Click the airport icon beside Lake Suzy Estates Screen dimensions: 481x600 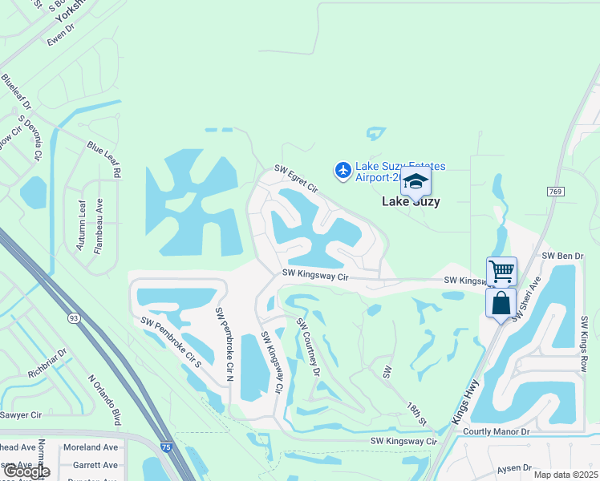(x=343, y=170)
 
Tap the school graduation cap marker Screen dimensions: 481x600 (x=416, y=183)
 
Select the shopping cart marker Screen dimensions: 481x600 (x=501, y=272)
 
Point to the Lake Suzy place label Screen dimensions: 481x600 (x=410, y=202)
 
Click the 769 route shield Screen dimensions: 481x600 (x=555, y=191)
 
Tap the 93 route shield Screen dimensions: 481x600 (x=74, y=319)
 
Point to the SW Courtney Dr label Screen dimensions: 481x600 (x=308, y=347)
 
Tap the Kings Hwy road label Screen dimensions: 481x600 (x=464, y=402)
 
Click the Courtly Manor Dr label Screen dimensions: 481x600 (x=497, y=431)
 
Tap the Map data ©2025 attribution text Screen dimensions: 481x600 (x=565, y=475)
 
